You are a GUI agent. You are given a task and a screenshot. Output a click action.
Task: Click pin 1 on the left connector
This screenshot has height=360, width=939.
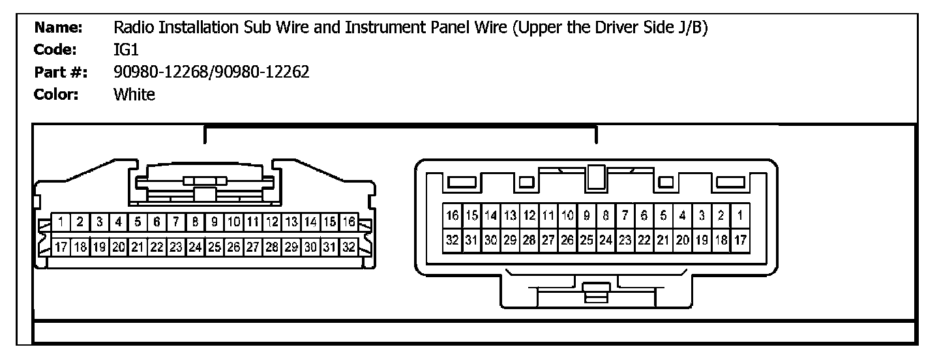60,222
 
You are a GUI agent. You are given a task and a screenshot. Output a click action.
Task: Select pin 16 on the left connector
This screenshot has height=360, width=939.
348,222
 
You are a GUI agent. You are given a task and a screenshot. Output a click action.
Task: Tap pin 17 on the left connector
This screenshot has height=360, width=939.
60,247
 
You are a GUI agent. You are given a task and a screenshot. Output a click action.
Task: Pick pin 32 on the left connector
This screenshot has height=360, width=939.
348,247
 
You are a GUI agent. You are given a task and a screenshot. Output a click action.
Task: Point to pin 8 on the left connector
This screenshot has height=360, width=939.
194,222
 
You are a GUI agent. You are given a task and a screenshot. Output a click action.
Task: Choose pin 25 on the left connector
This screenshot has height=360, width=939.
215,247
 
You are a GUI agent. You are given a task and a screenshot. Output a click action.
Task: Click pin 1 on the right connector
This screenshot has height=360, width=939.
740,215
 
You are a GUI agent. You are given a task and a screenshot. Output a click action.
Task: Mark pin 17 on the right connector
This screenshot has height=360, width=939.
740,239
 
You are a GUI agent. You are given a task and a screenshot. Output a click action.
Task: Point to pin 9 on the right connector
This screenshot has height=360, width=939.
587,215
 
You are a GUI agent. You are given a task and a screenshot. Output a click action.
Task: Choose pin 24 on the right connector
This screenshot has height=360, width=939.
606,239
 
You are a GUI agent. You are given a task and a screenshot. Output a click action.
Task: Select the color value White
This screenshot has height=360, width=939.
134,95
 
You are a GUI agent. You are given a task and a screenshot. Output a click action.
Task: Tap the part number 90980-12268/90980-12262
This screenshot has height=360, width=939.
211,72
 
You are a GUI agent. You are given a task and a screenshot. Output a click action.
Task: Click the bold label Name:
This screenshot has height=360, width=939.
58,27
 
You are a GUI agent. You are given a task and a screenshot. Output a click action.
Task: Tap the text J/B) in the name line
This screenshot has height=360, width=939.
690,28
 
